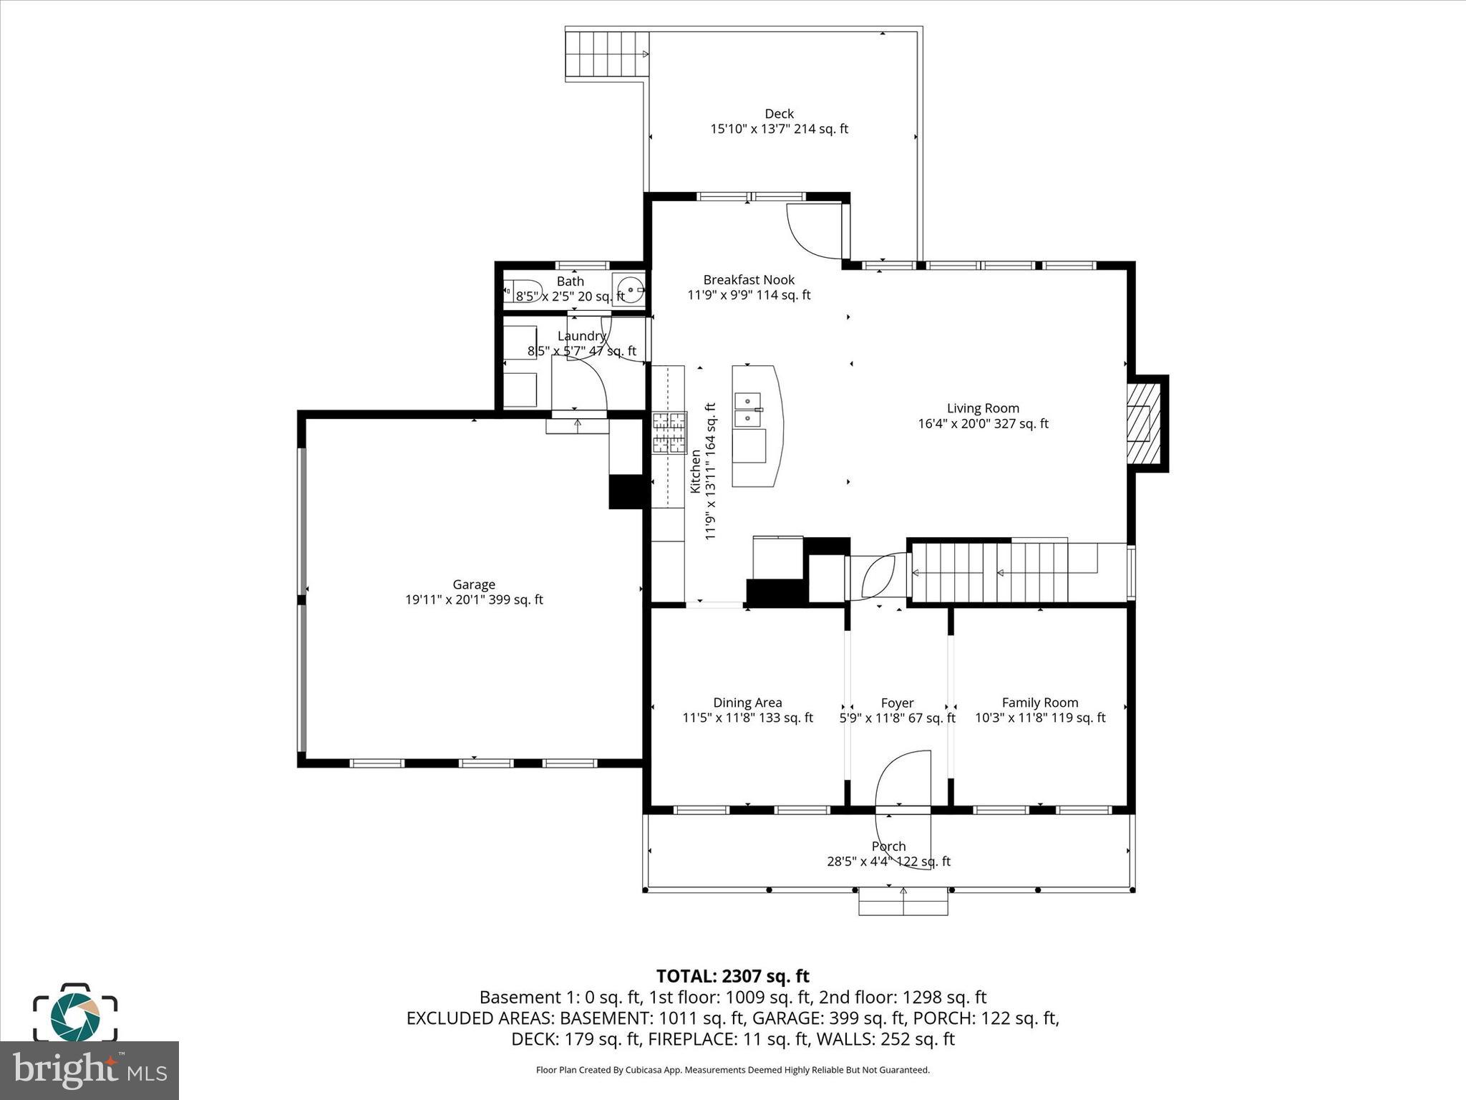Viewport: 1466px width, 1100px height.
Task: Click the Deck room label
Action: [779, 114]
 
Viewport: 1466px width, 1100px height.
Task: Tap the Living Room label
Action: [983, 408]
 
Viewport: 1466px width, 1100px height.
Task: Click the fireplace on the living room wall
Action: [1143, 424]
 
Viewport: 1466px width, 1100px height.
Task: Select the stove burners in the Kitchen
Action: [669, 433]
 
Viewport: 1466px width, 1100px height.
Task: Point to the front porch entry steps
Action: [903, 902]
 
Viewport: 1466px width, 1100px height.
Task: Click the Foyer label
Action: [897, 703]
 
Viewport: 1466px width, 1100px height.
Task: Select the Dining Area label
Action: [747, 703]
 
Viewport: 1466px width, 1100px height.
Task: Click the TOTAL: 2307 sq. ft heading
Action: [732, 976]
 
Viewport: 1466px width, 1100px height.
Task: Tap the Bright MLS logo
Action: [89, 1070]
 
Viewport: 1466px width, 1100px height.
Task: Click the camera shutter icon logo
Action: [75, 1014]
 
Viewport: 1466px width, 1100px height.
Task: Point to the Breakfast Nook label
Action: [749, 280]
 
